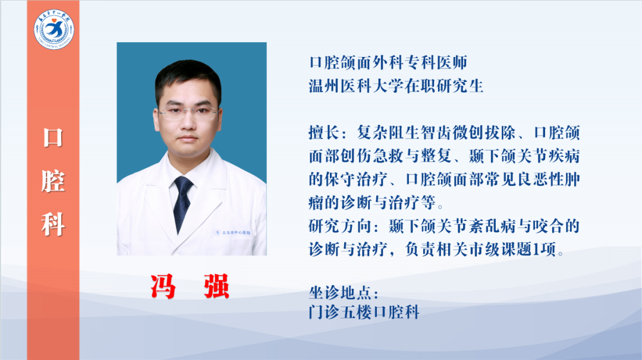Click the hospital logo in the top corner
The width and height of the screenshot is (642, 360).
[53, 29]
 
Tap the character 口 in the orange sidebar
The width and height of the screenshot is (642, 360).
[53, 138]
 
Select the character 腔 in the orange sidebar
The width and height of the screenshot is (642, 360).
[53, 181]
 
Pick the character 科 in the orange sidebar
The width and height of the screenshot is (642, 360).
[53, 224]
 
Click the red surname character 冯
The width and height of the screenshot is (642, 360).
[163, 287]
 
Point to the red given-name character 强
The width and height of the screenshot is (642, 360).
[216, 287]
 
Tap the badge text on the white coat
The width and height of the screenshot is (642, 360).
[232, 233]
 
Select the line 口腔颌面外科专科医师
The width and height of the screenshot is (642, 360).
[388, 62]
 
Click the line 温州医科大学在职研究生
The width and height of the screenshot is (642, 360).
[396, 86]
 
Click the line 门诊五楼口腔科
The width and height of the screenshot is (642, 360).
[364, 312]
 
